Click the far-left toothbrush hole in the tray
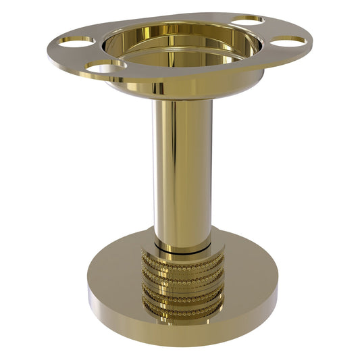click(76, 41)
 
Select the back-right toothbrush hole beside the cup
click(247, 20)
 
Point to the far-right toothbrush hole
click(288, 41)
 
